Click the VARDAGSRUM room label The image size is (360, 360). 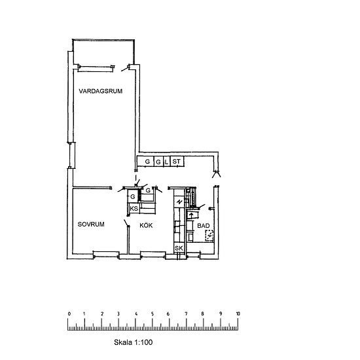[x=101, y=91]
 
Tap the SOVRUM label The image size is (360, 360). [x=91, y=225]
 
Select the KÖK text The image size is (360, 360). [x=146, y=225]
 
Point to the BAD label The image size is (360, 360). [x=204, y=226]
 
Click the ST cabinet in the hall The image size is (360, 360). [x=177, y=162]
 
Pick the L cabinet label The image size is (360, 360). [x=166, y=162]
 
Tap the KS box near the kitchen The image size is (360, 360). [x=134, y=208]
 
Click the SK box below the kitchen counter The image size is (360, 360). [x=179, y=248]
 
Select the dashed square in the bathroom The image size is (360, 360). [x=209, y=236]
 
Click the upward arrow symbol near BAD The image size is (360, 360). [x=190, y=215]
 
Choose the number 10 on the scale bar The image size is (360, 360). [x=238, y=314]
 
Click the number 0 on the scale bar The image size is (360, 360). [x=69, y=314]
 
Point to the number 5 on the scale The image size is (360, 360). [x=153, y=314]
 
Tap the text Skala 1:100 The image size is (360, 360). [x=133, y=342]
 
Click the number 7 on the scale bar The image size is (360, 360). [x=186, y=314]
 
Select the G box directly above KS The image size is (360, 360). [x=133, y=196]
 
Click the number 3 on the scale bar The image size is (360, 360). [x=118, y=314]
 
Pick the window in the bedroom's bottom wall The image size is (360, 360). [x=106, y=255]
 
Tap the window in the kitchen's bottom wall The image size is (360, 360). [x=153, y=255]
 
